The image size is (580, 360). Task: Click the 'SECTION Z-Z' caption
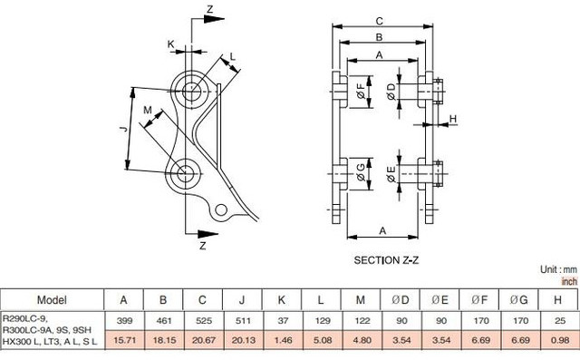click(x=385, y=259)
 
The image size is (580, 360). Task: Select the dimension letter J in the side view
click(x=123, y=130)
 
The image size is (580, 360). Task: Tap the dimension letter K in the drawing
click(x=170, y=43)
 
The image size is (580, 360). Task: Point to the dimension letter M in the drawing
click(x=148, y=110)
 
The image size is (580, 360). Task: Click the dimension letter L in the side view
click(x=232, y=57)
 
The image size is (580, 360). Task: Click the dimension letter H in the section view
click(x=453, y=119)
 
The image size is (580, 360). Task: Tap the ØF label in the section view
click(x=360, y=92)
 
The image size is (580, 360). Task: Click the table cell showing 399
click(x=123, y=320)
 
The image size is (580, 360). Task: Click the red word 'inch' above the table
click(x=568, y=281)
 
